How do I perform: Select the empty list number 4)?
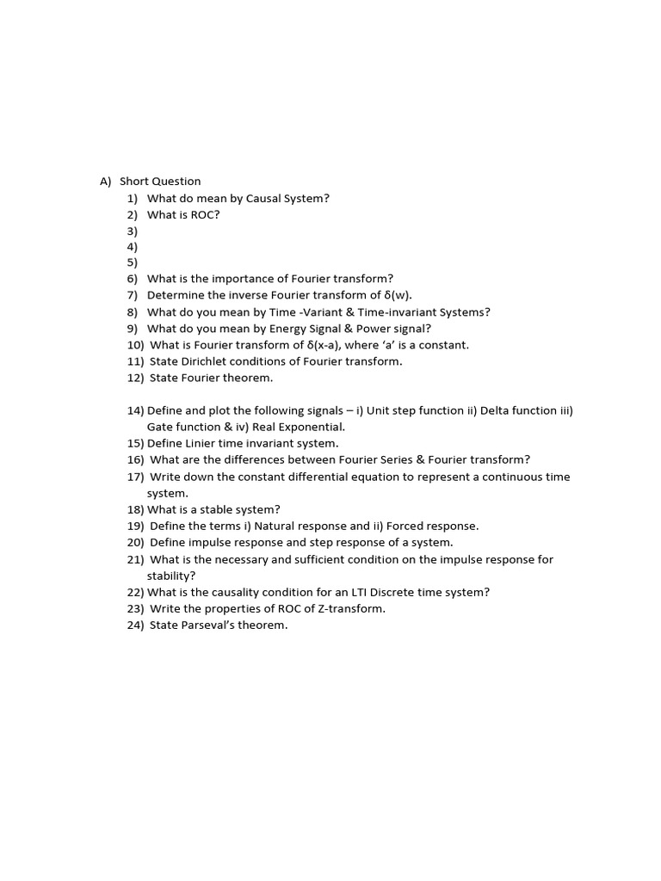(133, 247)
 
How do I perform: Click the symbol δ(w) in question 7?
(397, 296)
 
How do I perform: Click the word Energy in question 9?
(270, 329)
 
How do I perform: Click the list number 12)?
(136, 378)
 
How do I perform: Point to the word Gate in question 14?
(161, 427)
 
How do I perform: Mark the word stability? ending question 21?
(171, 576)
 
